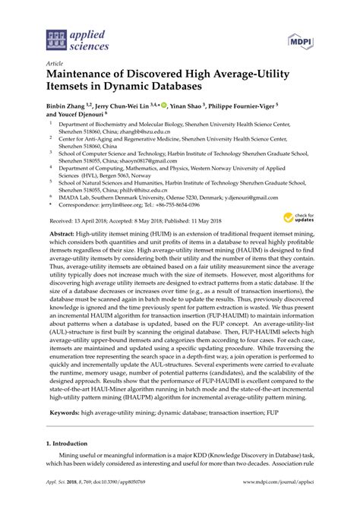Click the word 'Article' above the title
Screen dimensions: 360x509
(55, 65)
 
